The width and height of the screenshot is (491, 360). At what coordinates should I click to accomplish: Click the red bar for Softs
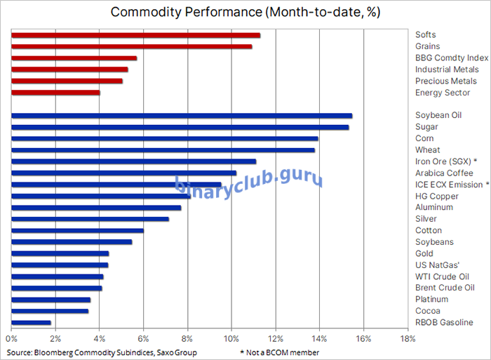point(136,35)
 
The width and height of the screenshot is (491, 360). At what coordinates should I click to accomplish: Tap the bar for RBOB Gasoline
point(32,323)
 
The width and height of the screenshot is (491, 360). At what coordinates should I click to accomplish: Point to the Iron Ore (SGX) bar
point(133,161)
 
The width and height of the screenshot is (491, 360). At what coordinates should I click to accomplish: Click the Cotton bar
point(77,230)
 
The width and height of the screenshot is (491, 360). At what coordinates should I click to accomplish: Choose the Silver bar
point(90,219)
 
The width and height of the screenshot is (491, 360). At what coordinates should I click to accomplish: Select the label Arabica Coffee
point(444,173)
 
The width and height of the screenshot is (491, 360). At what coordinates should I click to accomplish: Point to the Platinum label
point(431,300)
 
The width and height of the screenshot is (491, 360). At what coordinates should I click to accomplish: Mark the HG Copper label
point(436,196)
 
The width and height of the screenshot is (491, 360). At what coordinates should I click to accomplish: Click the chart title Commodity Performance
point(245,13)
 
